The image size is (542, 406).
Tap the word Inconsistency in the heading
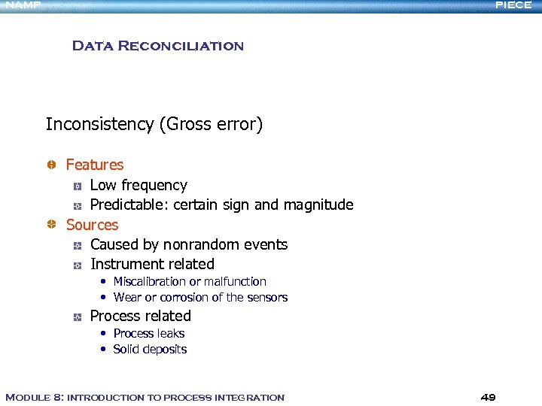[x=99, y=124]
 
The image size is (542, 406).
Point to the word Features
[x=95, y=165]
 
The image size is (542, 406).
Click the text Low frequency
[x=139, y=185]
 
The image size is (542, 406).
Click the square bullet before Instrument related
[x=77, y=265]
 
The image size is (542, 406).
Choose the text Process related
[x=141, y=316]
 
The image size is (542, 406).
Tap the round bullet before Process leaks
[x=104, y=333]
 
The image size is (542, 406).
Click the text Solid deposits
[x=150, y=349]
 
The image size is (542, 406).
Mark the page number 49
[x=488, y=397]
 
